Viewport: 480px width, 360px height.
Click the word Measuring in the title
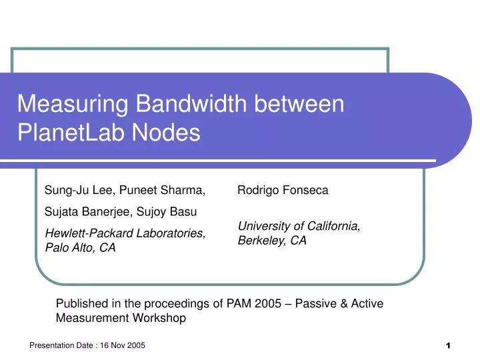pyautogui.click(x=72, y=105)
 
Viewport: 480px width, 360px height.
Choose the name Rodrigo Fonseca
pyautogui.click(x=283, y=191)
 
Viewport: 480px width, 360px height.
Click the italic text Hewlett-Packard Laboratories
pyautogui.click(x=124, y=233)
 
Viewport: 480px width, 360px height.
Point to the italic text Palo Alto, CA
pyautogui.click(x=80, y=248)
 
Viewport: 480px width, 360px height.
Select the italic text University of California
pyautogui.click(x=299, y=227)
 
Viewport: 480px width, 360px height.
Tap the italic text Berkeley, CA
pyautogui.click(x=272, y=241)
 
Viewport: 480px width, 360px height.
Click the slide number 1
pyautogui.click(x=449, y=346)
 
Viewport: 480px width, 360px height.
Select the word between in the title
pyautogui.click(x=305, y=105)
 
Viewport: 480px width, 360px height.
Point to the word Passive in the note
pyautogui.click(x=329, y=304)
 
